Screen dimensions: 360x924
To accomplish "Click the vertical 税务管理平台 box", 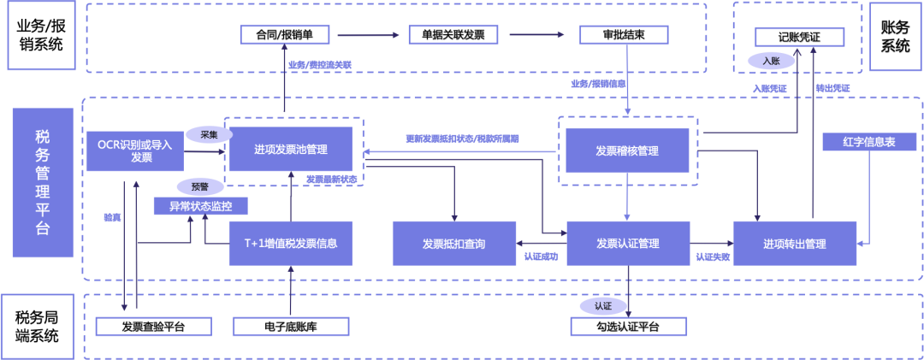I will pos(42,183).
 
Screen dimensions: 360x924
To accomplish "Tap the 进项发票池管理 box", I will pos(290,150).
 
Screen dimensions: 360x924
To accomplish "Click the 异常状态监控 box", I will pos(201,206).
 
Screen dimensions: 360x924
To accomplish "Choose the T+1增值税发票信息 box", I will pos(290,243).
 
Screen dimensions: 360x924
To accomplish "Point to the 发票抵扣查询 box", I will pos(453,243).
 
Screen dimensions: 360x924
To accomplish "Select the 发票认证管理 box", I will pos(627,243).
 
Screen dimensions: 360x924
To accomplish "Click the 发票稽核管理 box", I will pos(627,150).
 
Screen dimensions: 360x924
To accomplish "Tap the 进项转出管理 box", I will pos(794,243).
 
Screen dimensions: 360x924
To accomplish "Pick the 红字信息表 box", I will pos(868,142).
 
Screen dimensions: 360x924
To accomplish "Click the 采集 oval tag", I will pos(209,134).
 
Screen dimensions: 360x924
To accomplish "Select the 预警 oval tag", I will pos(200,186).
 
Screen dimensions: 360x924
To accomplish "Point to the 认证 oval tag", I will pos(602,305).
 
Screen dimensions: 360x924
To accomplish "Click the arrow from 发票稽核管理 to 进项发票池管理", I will pos(462,152).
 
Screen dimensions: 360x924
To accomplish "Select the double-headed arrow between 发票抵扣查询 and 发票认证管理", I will pos(542,244).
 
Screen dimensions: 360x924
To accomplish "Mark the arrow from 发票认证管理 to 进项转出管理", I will pos(710,244).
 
